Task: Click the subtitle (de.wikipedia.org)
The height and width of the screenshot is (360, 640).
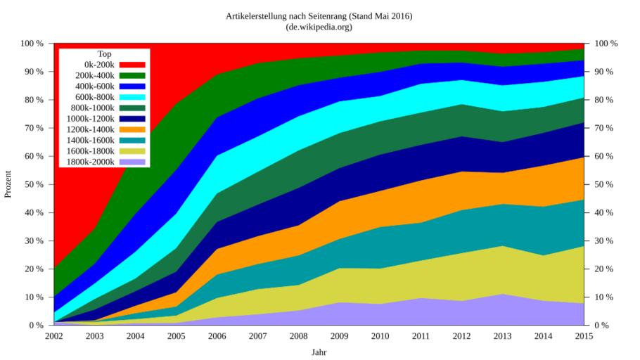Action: coord(319,27)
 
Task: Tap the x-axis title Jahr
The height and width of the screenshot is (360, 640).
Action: coord(319,352)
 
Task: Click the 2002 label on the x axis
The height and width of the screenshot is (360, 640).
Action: coord(54,336)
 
